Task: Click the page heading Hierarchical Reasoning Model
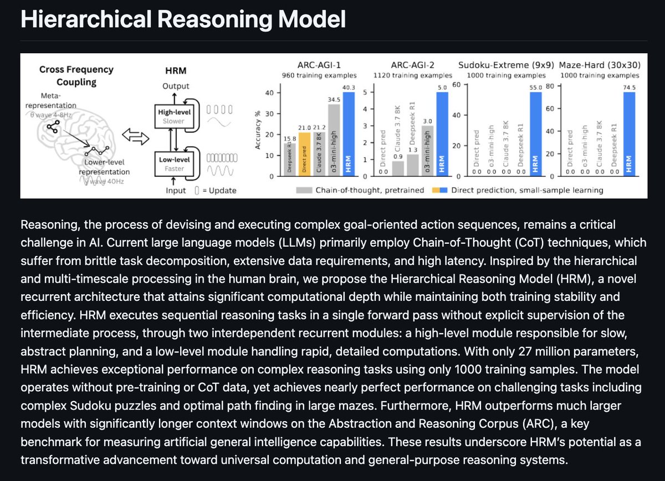pyautogui.click(x=183, y=20)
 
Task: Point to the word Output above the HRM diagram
pyautogui.click(x=176, y=86)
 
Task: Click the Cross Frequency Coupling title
pyautogui.click(x=76, y=75)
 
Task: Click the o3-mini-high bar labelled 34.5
pyautogui.click(x=333, y=141)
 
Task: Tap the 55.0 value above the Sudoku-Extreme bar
pyautogui.click(x=535, y=88)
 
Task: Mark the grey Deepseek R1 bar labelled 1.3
pyautogui.click(x=413, y=165)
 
